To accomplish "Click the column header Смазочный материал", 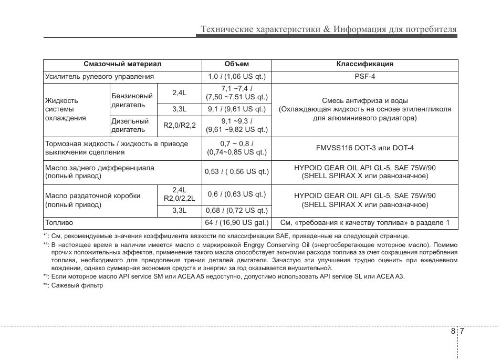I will pos(122,64).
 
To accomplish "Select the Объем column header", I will pos(236,64).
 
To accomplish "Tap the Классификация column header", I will pos(364,64).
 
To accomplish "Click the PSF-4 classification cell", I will pos(364,76).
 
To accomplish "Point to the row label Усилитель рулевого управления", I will pos(99,76).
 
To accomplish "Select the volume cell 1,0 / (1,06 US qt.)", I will pos(236,76).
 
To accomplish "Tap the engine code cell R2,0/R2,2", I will pos(179,125).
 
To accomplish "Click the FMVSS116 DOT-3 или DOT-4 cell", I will pos(364,148).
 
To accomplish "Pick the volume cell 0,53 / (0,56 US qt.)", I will pos(236,171).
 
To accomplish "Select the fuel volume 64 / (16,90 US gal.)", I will pos(236,222).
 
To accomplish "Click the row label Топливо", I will pos(59,222).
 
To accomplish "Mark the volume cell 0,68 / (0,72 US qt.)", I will pos(236,210).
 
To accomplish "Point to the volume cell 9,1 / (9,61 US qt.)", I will pos(236,109).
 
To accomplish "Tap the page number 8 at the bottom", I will pos(453,332).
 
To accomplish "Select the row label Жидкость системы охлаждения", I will pos(65,109).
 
